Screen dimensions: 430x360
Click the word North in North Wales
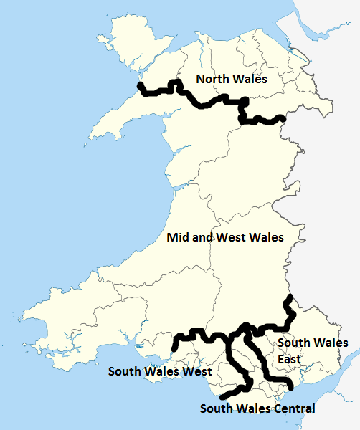coord(214,79)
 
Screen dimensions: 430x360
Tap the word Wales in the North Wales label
coord(250,79)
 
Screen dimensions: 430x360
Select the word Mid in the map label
coord(179,236)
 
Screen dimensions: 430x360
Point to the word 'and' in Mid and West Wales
coord(205,236)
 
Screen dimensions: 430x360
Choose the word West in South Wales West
coord(195,372)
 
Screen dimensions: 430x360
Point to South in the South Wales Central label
coord(217,409)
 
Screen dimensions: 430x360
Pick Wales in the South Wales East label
coord(331,343)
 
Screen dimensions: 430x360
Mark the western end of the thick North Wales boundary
coord(141,87)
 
